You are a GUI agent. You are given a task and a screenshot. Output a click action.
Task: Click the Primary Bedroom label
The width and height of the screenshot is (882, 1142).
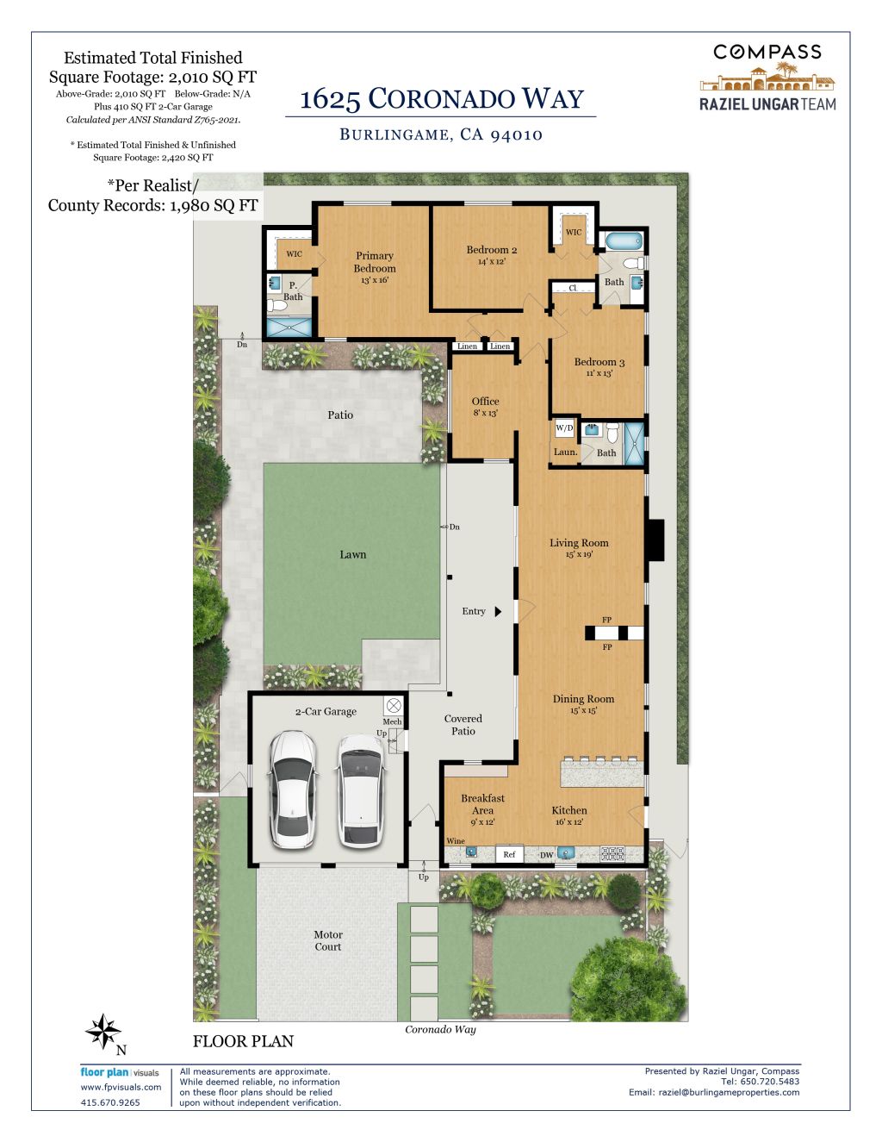coord(375,262)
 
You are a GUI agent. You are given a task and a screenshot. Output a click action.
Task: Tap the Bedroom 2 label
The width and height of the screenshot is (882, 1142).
coord(492,250)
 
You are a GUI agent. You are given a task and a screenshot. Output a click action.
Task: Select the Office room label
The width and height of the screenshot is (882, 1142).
coord(485,402)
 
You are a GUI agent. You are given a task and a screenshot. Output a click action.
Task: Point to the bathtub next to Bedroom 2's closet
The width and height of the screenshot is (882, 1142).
coord(624,241)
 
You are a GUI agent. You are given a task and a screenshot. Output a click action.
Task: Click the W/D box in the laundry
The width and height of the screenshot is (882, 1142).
coord(564,427)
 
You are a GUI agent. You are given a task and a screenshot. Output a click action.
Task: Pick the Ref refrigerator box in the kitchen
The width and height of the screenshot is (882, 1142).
coord(509,854)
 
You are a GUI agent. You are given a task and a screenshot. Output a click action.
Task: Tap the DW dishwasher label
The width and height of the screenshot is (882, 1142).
coord(547,855)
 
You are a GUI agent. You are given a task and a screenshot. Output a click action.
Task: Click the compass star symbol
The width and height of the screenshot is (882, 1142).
coord(102,1031)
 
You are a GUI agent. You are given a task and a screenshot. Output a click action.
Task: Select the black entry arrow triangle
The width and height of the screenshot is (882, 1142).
coord(498,611)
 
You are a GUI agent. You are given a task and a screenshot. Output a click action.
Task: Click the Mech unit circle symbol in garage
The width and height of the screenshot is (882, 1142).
coord(394,705)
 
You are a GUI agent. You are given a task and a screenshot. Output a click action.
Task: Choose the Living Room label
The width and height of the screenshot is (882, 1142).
coord(579,543)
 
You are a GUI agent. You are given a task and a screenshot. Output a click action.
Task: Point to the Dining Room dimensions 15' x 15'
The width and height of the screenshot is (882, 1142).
coord(583,710)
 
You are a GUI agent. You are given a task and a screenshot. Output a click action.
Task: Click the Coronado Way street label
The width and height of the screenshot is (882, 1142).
coord(440,1029)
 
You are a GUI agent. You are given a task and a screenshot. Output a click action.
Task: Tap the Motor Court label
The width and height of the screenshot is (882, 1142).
coord(328,940)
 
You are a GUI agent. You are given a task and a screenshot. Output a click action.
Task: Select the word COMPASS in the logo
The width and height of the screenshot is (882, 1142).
coord(767,52)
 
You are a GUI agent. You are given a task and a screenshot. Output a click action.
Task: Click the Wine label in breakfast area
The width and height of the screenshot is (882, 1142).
coord(455,841)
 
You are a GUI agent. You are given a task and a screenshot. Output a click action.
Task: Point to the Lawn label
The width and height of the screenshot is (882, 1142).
coord(353,554)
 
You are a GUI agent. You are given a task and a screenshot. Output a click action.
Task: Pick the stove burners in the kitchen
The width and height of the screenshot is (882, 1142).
coord(612,853)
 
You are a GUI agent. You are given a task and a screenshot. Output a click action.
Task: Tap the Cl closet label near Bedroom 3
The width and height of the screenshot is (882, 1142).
coord(572,288)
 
